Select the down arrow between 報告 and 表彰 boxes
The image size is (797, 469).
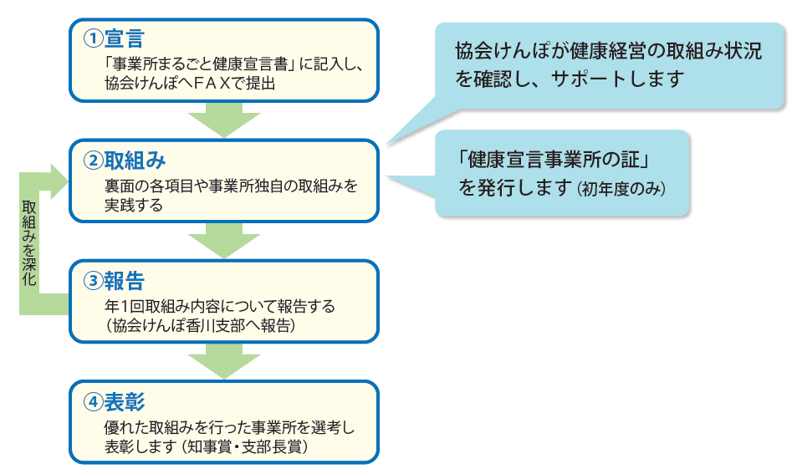click(224, 362)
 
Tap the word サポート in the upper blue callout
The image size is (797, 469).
click(588, 80)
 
